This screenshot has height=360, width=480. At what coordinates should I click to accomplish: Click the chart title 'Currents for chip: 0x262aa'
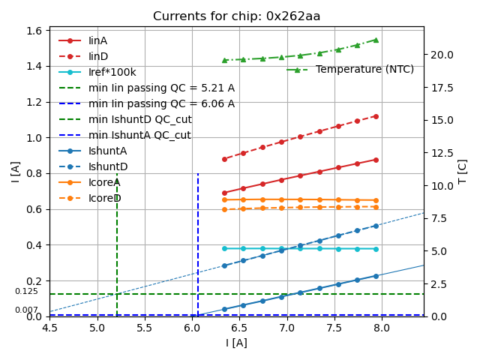pos(236,16)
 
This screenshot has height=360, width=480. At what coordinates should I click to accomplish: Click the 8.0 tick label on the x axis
pos(382,328)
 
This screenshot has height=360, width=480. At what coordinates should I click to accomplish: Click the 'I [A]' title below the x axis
pos(236,343)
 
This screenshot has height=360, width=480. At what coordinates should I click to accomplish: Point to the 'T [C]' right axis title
pos(463,171)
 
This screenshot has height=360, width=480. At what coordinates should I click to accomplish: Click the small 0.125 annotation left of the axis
pos(26,291)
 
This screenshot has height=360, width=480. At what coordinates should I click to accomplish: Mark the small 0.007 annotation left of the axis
pos(26,310)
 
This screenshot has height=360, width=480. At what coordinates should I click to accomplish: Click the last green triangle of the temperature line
pos(376,40)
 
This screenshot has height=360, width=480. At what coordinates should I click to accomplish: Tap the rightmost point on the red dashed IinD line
pos(376,116)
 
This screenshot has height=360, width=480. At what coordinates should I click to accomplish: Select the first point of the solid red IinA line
pos(224,193)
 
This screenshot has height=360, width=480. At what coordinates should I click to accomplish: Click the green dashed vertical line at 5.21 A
pos(117,240)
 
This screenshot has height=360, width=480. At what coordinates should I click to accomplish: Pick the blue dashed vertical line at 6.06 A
pos(198,240)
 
